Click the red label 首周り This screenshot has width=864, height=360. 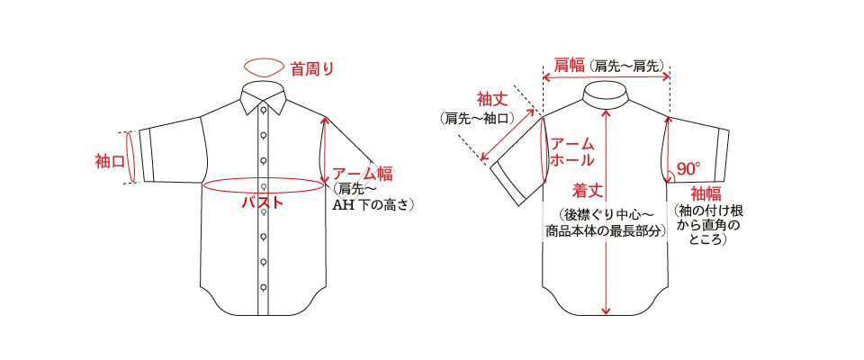click(x=312, y=69)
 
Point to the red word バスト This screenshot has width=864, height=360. click(x=263, y=202)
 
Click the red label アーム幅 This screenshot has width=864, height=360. click(x=363, y=175)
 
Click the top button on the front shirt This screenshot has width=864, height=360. click(x=264, y=110)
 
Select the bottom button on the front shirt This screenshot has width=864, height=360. click(x=264, y=287)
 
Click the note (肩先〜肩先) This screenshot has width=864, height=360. click(x=626, y=67)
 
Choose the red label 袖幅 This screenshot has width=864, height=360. click(x=706, y=194)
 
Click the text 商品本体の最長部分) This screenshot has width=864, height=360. click(x=605, y=231)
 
